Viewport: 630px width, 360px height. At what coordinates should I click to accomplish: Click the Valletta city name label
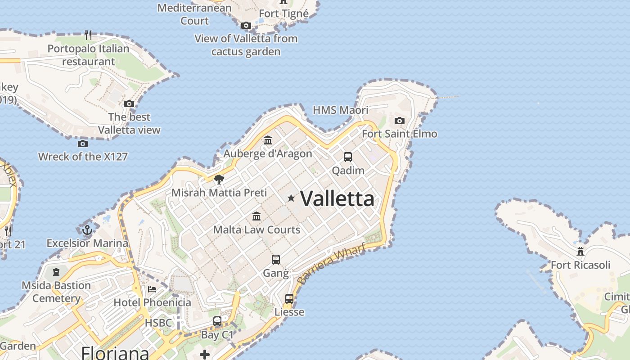tap(337, 198)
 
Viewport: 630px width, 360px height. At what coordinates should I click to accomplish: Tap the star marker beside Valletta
tap(291, 198)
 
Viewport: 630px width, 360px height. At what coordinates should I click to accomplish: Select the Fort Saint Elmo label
tap(400, 134)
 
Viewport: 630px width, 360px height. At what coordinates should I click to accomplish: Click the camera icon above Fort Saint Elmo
tap(399, 121)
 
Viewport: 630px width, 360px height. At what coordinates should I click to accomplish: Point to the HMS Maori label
tap(340, 110)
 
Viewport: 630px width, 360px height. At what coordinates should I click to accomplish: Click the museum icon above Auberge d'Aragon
tap(268, 140)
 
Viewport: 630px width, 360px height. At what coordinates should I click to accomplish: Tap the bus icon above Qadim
tap(348, 157)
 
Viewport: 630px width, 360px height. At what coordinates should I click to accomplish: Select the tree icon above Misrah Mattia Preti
tap(219, 180)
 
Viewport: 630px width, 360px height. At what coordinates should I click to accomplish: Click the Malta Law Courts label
tap(256, 229)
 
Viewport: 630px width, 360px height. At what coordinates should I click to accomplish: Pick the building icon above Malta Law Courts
tap(256, 216)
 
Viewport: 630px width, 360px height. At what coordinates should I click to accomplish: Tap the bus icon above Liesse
tap(289, 299)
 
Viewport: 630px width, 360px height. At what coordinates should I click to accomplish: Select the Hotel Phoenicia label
tap(152, 302)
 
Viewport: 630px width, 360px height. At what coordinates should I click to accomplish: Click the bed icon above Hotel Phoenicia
tap(152, 289)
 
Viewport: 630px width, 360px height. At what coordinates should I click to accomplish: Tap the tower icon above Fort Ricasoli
tap(580, 251)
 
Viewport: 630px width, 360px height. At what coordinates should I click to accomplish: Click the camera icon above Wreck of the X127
tap(83, 144)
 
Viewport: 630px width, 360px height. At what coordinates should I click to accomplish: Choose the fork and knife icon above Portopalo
tap(88, 35)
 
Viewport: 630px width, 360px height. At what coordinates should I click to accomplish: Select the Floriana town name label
tap(115, 352)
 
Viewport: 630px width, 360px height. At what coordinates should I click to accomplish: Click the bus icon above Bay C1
tap(217, 321)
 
